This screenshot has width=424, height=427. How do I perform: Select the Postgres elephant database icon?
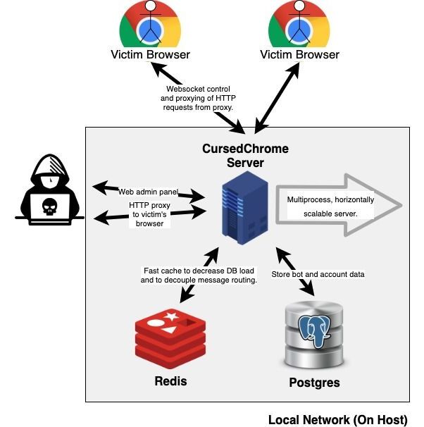pos(315,335)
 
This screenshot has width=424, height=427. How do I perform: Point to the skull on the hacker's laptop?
pos(49,206)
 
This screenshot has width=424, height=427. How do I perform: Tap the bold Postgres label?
pos(314,383)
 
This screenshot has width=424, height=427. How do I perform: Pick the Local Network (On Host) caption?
pos(337,420)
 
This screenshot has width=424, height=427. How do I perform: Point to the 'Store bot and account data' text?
pos(318,273)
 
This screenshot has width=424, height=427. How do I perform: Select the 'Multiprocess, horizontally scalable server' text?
pos(330,206)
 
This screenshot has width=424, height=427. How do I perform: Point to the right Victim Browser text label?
pos(299,54)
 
